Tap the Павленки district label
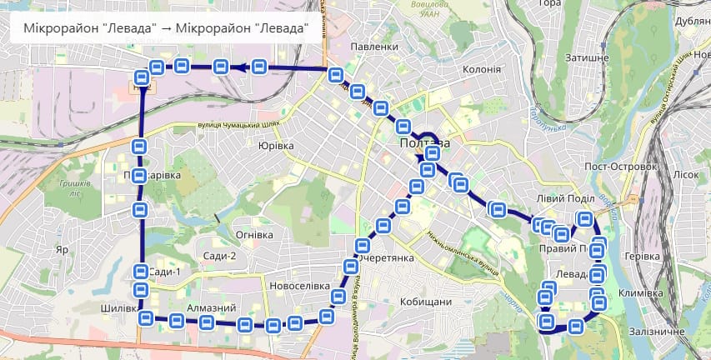pyautogui.click(x=375, y=47)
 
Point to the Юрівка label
pyautogui.click(x=276, y=146)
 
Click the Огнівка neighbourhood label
pyautogui.click(x=254, y=235)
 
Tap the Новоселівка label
pyautogui.click(x=301, y=286)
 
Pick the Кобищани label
pyautogui.click(x=426, y=302)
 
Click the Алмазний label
pyautogui.click(x=212, y=308)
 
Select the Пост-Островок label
pyautogui.click(x=622, y=167)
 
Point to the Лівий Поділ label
pyautogui.click(x=566, y=198)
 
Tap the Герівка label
pyautogui.click(x=643, y=256)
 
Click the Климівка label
pyautogui.click(x=641, y=293)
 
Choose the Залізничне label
pyautogui.click(x=658, y=332)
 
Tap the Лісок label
pyautogui.click(x=685, y=174)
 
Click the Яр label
pyautogui.click(x=61, y=249)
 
